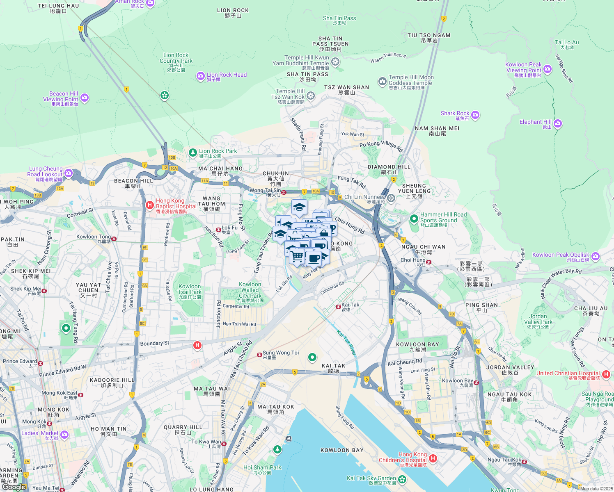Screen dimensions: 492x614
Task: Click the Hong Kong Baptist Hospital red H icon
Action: (x=150, y=205)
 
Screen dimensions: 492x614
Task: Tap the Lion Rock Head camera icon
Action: (x=200, y=76)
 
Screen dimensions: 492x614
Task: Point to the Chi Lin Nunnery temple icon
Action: (x=391, y=198)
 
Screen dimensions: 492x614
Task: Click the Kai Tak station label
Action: (x=350, y=305)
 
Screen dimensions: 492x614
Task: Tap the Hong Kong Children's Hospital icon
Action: (x=433, y=458)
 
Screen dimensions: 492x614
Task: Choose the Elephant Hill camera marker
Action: (x=557, y=123)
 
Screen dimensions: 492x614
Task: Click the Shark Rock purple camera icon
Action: (x=475, y=115)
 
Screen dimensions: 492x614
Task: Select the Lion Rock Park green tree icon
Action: (x=193, y=153)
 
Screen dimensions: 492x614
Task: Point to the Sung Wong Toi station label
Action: (x=281, y=353)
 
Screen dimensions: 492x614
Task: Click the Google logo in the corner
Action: (x=14, y=487)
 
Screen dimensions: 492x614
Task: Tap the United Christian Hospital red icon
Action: (x=606, y=375)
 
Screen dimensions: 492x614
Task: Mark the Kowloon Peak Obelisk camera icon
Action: (x=596, y=257)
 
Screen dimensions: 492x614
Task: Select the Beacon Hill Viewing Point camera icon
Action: (x=85, y=98)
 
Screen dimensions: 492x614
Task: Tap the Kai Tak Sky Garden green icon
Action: (x=402, y=479)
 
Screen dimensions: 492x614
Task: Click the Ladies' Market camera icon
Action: (x=64, y=435)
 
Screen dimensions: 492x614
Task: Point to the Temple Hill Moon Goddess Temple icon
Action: (x=383, y=81)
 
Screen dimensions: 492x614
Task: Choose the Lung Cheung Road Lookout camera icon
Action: (x=69, y=173)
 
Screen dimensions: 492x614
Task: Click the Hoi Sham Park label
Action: (x=262, y=467)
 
